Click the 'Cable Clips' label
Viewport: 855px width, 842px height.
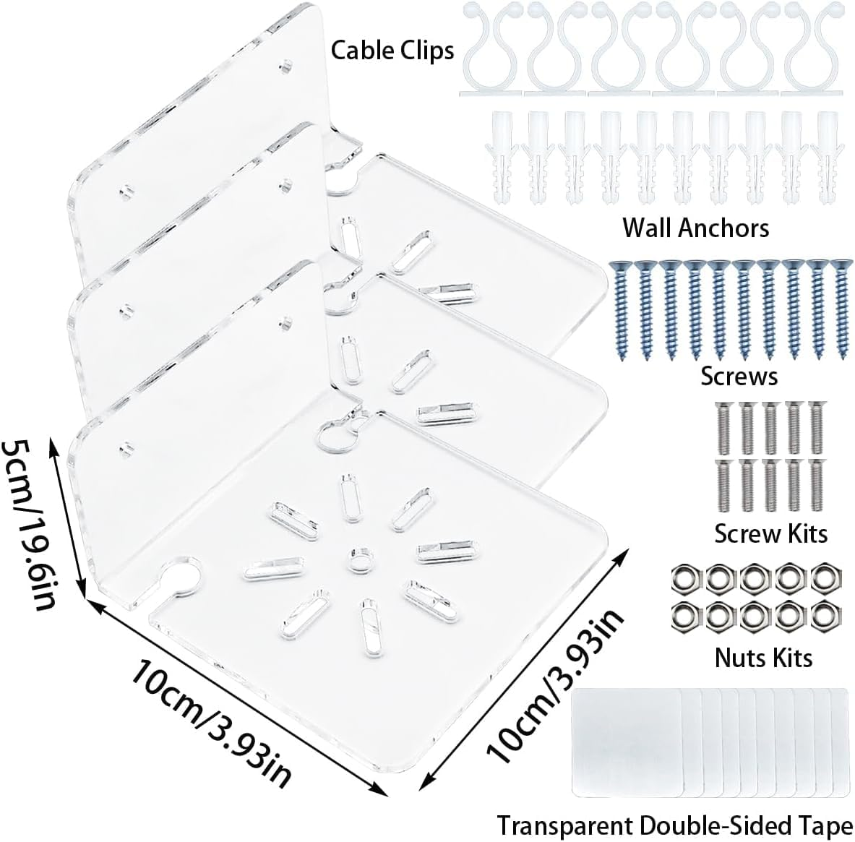[x=392, y=50]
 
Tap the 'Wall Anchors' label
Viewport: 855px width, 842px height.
[x=695, y=228]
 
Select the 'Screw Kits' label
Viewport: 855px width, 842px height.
[x=770, y=533]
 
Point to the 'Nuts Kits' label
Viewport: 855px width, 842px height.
[x=763, y=657]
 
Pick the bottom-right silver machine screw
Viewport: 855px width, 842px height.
[x=817, y=485]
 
